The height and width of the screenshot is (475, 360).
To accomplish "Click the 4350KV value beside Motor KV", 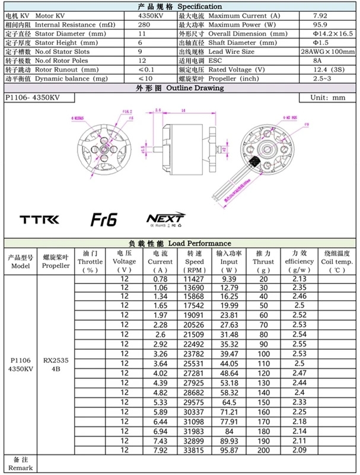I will pos(152,15).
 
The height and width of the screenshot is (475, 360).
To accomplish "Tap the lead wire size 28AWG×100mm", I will pos(327,52).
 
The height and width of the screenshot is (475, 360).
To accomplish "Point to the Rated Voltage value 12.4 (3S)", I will pos(324,69).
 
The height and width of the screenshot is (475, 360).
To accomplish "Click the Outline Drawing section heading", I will pos(180,88).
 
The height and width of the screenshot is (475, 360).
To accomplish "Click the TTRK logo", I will pos(40,220).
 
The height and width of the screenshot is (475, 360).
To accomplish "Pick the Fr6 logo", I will pos(104,219).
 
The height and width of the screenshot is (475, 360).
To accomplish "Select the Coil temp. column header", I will pos(336,262).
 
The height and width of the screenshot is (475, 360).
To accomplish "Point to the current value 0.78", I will pos(160,279).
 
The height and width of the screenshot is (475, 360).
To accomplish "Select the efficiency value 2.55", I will pos(299,343).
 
